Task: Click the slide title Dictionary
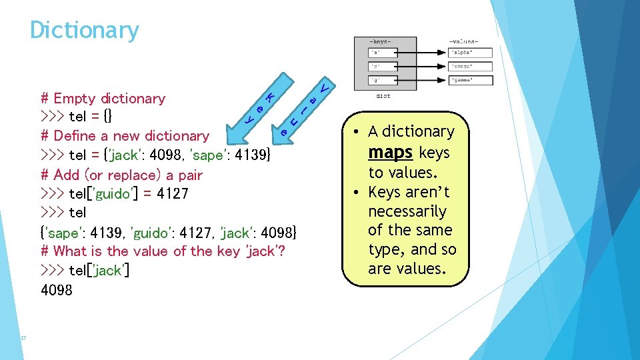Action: point(85,30)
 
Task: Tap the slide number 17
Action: point(23,339)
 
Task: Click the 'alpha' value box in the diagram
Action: point(471,53)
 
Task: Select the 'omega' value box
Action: point(471,67)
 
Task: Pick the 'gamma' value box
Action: point(471,81)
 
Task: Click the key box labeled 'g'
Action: point(383,81)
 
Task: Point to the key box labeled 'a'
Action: point(383,53)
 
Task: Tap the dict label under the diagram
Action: point(383,96)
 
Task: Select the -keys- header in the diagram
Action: point(381,42)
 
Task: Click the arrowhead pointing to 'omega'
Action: point(445,67)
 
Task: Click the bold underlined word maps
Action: point(391,152)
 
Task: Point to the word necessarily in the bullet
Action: point(407,211)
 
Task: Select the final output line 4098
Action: point(57,290)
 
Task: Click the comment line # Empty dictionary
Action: point(103,99)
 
